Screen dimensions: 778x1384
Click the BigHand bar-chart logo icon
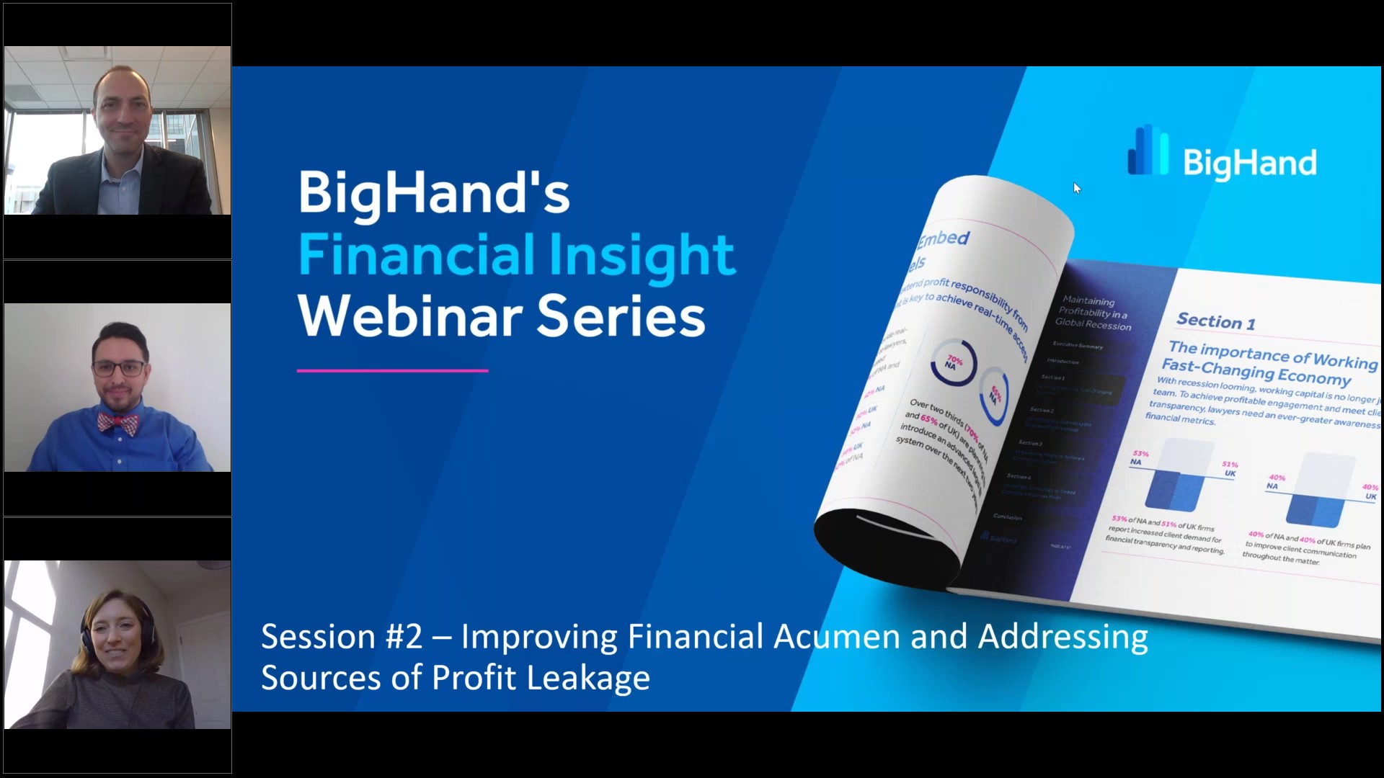coord(1148,151)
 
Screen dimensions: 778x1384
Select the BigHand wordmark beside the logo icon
coord(1250,163)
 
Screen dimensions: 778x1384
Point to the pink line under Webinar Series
coord(392,371)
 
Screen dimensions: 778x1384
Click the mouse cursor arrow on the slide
coord(1076,188)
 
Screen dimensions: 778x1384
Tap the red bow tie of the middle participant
coord(117,424)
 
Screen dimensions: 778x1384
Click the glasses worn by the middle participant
coord(119,369)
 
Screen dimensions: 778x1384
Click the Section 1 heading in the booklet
coord(1215,321)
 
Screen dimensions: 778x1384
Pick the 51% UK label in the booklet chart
coord(1230,469)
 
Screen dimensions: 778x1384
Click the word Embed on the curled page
coord(944,238)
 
